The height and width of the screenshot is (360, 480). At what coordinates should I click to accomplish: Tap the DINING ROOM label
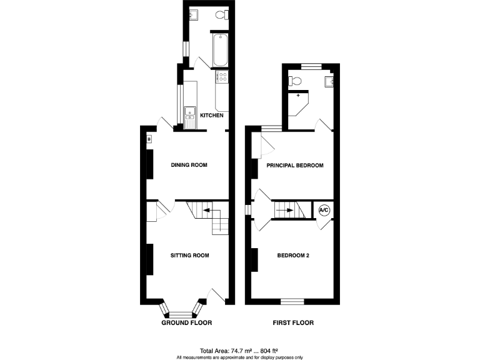189,165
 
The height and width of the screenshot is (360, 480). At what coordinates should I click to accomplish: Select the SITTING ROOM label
189,255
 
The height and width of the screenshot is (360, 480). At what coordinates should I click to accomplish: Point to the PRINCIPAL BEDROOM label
295,165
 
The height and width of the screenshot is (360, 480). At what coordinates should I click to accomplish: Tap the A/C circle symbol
324,211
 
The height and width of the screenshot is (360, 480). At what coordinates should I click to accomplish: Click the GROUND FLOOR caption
187,323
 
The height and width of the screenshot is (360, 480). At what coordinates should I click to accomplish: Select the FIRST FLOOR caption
293,323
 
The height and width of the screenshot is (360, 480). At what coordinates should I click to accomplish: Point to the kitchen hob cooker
222,77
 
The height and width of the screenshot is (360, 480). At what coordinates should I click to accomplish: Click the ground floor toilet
220,15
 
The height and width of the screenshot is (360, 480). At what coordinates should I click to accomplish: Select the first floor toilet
296,80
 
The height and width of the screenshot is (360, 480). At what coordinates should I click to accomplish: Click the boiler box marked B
149,139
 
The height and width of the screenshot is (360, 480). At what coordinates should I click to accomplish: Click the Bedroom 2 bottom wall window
292,301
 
